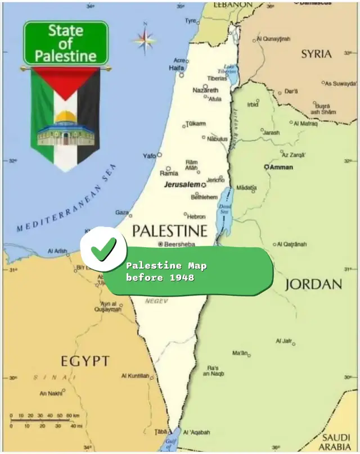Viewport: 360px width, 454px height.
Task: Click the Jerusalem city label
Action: click(182, 184)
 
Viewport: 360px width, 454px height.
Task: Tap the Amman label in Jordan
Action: click(281, 167)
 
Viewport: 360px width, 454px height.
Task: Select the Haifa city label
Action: click(177, 68)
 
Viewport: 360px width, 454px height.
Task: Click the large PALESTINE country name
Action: click(169, 231)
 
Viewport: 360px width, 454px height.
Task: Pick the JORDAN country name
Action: click(313, 284)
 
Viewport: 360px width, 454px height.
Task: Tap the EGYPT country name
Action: click(85, 360)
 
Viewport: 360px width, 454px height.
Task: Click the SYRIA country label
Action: click(316, 54)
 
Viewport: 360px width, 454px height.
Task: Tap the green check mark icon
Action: click(103, 249)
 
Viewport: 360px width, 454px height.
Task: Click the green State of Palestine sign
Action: click(65, 43)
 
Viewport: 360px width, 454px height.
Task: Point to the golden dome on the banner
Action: click(65, 117)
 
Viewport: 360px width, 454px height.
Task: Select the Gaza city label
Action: click(122, 212)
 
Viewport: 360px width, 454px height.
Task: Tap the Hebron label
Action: click(196, 216)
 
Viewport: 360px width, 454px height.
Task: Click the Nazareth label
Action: click(205, 90)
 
